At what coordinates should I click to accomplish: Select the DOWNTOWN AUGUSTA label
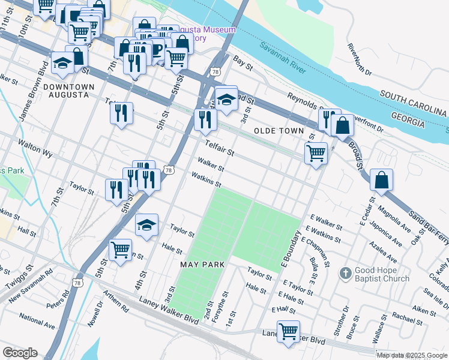pyautogui.click(x=71, y=91)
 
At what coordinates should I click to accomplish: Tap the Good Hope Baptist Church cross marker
pyautogui.click(x=345, y=274)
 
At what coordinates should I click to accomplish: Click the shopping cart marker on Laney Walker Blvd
pyautogui.click(x=288, y=331)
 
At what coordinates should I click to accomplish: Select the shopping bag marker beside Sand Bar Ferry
pyautogui.click(x=382, y=179)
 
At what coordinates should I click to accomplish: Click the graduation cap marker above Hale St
pyautogui.click(x=146, y=225)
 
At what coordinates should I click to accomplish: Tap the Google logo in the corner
pyautogui.click(x=20, y=353)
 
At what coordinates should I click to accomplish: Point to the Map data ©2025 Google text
pyautogui.click(x=412, y=355)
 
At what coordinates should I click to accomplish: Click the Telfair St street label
pyautogui.click(x=218, y=148)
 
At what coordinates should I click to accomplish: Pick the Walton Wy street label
pyautogui.click(x=35, y=149)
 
